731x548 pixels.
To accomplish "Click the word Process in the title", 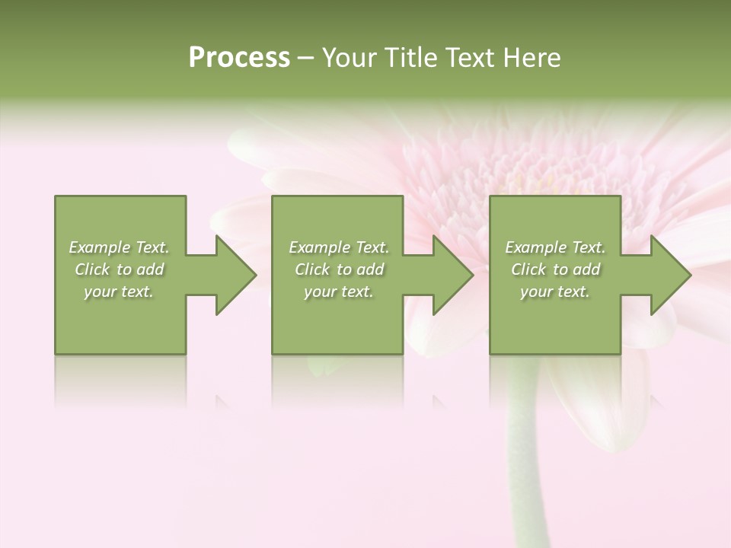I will click(x=239, y=58).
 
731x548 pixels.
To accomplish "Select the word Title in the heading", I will click(x=409, y=58).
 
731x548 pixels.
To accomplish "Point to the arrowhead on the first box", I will click(x=232, y=275).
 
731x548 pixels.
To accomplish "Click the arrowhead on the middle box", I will click(x=450, y=275).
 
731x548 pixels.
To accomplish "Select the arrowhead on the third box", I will click(x=667, y=275).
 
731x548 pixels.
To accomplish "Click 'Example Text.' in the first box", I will click(x=119, y=247).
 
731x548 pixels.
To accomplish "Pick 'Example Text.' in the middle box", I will click(x=339, y=247).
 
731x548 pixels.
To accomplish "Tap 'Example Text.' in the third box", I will click(x=555, y=247).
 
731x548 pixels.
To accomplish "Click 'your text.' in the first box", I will click(x=119, y=292).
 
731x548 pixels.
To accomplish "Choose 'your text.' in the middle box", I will click(x=339, y=292).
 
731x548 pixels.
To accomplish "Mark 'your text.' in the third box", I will click(x=555, y=292).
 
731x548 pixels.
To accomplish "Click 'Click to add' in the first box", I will click(x=119, y=269).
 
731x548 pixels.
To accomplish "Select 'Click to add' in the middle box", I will click(x=339, y=269).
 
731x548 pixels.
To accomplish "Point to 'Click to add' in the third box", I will click(x=555, y=269).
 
